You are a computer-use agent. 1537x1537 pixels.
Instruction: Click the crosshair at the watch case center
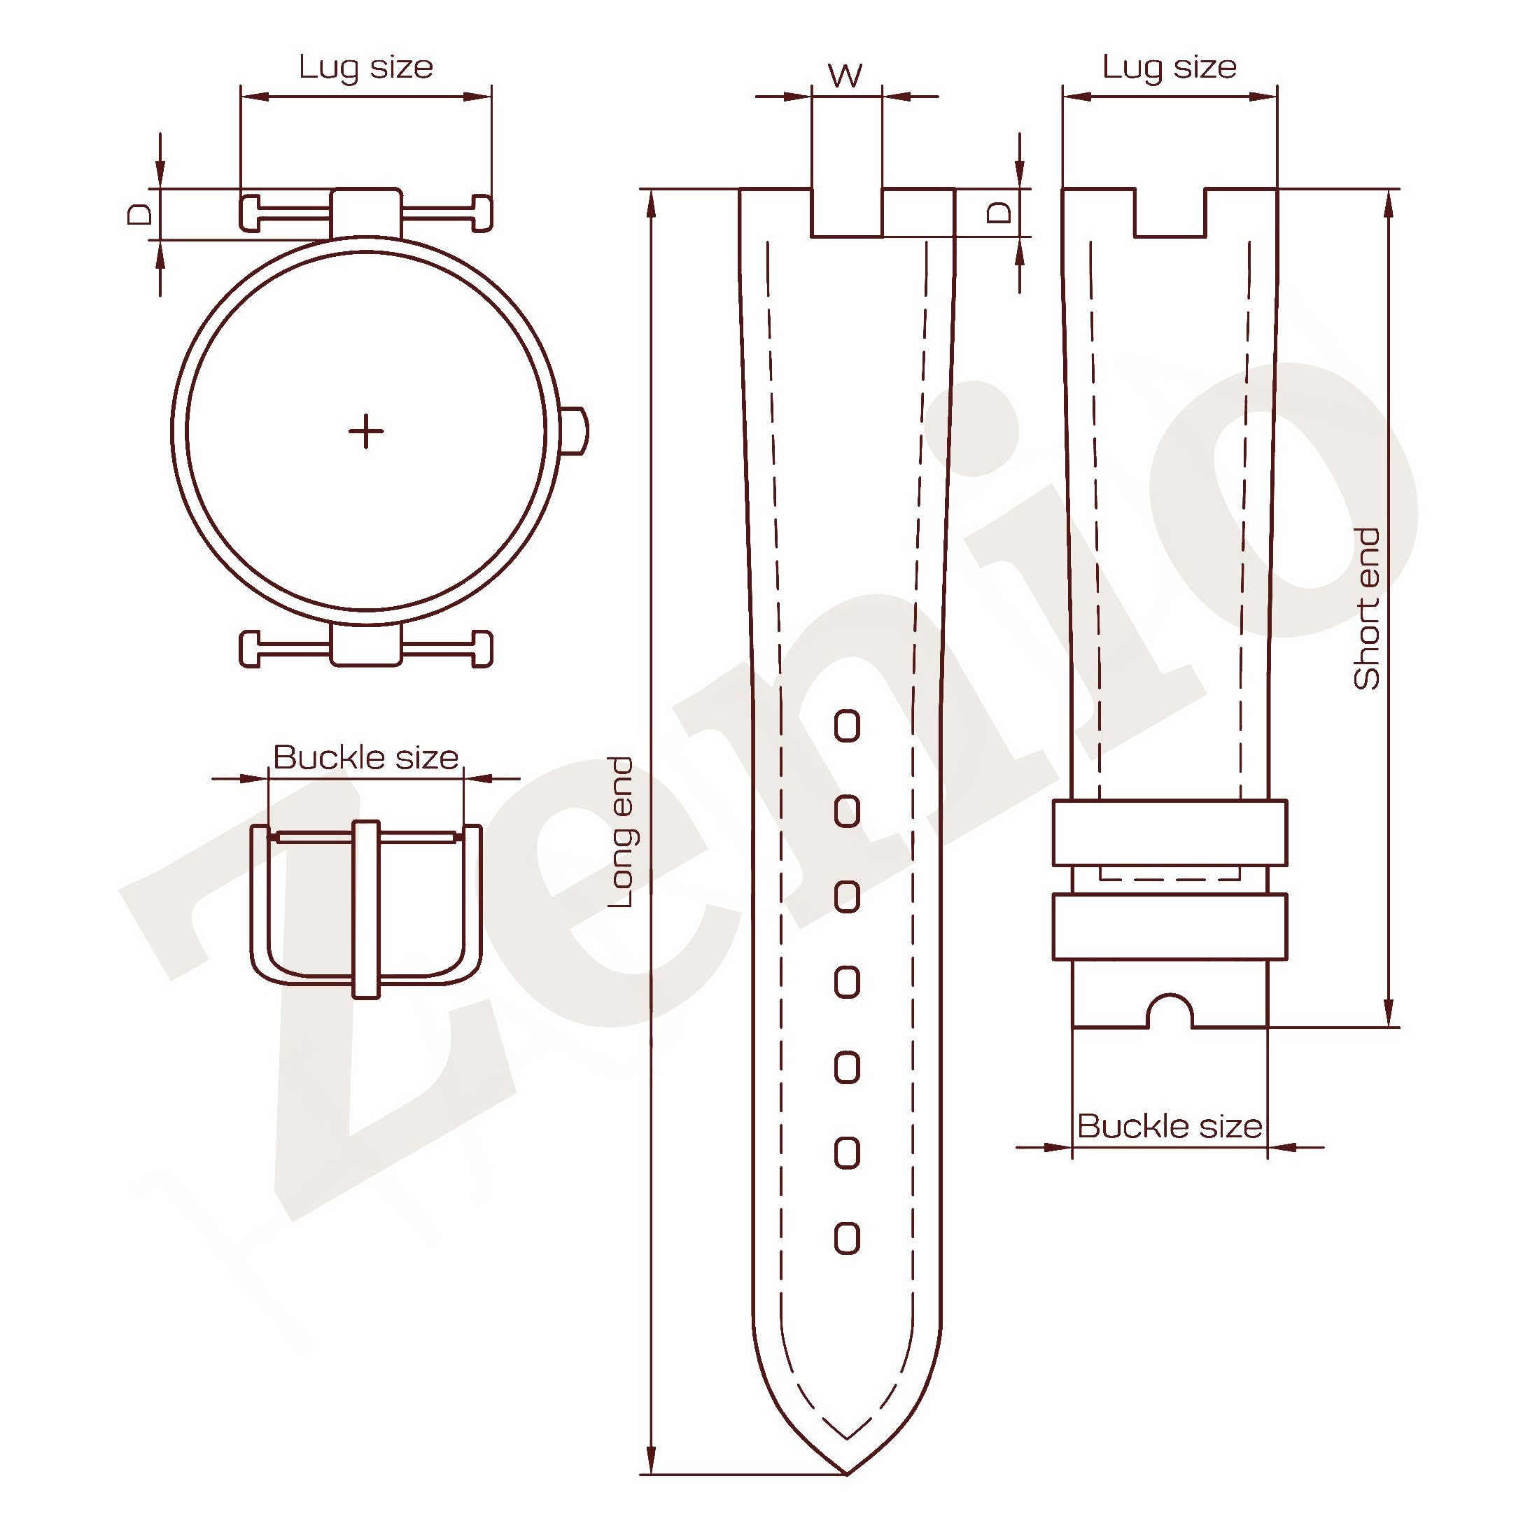[366, 431]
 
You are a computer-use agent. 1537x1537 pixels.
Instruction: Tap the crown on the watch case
[577, 430]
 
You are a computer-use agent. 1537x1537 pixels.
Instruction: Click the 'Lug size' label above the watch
[366, 66]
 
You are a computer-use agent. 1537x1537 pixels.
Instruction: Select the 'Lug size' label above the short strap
[1170, 66]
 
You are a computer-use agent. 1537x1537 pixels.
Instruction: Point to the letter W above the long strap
[845, 76]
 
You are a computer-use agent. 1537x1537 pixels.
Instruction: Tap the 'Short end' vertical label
[1368, 608]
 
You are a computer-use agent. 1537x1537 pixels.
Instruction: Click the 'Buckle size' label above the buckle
[366, 757]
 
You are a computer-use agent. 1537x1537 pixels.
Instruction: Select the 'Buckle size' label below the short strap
[1170, 1126]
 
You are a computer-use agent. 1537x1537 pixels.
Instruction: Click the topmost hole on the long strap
[848, 727]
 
